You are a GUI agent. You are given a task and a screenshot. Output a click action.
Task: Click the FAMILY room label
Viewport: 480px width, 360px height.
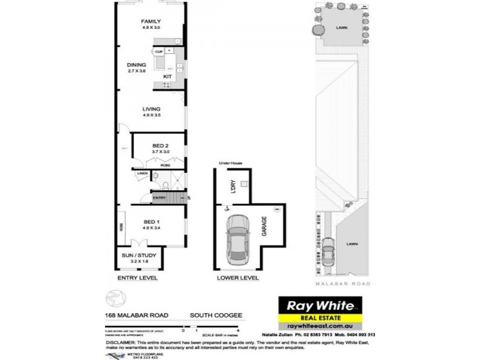pos(151,22)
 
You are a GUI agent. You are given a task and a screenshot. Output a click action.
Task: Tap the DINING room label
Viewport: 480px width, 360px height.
pos(137,65)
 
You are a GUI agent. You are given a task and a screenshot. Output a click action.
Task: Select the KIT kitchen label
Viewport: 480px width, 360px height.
pos(168,77)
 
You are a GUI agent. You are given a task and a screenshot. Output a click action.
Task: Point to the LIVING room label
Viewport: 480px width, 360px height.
pos(151,109)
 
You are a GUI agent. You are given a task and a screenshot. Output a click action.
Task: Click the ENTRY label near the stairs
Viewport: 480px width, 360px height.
pos(159,197)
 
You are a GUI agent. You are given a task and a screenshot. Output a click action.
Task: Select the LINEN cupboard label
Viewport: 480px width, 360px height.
pos(142,174)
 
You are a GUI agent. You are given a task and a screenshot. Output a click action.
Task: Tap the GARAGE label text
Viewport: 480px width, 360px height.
pos(263,227)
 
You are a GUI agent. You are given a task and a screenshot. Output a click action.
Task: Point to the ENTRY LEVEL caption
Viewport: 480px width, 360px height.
pos(137,279)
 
